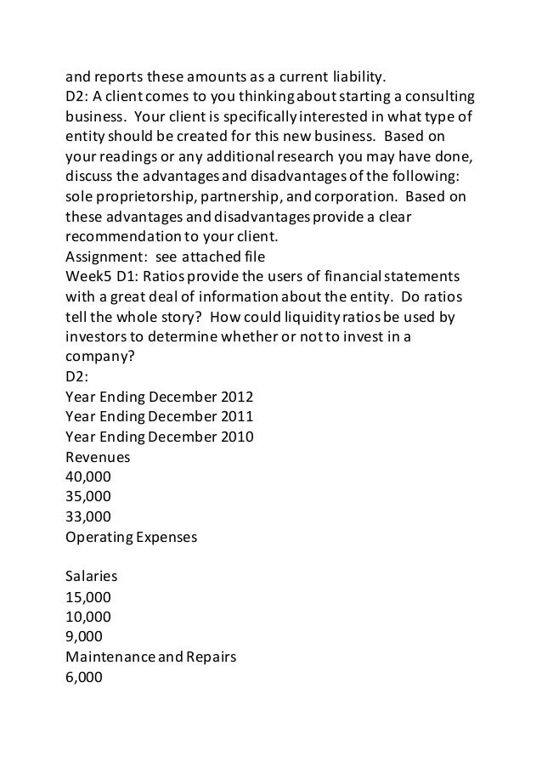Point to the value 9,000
pos(83,635)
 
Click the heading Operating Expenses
pos(131,537)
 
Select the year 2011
pos(236,417)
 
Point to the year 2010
pos(236,437)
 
